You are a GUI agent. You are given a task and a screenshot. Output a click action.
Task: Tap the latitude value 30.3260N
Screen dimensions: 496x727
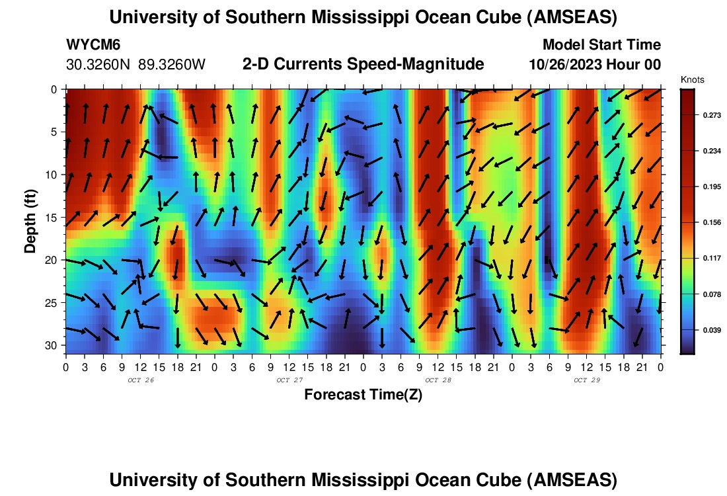tap(99, 65)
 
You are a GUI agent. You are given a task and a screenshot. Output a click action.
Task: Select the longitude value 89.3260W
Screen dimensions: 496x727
tap(172, 65)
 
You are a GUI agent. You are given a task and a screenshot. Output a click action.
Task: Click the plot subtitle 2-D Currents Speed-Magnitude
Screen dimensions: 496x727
tap(363, 64)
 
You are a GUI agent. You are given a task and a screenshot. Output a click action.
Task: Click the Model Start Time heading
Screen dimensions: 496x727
tap(601, 45)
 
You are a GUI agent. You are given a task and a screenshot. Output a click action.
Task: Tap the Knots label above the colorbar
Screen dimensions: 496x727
tap(692, 79)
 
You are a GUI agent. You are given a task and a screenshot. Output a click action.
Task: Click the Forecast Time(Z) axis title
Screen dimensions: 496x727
tap(363, 395)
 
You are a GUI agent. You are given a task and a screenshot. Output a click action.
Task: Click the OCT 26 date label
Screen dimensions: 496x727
tap(140, 380)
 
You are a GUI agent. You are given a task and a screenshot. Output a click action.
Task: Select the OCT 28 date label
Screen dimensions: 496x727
tap(438, 380)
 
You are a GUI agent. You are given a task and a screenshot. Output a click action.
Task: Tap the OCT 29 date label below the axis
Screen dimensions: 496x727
tap(586, 380)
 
